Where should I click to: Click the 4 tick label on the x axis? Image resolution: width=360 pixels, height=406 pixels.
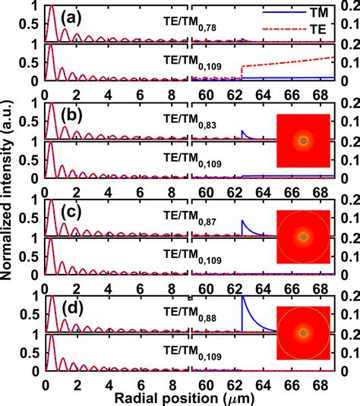click(x=109, y=383)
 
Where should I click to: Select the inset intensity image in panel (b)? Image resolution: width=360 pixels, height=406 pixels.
click(x=303, y=141)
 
